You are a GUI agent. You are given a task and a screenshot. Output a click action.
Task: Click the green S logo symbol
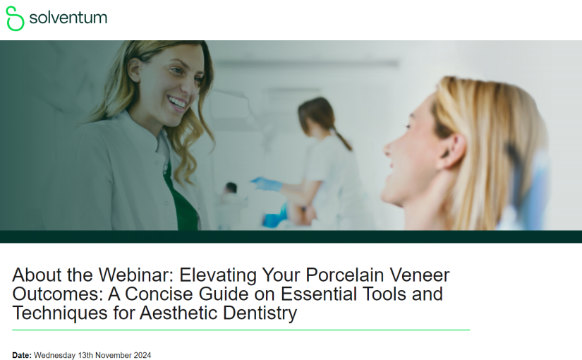15,18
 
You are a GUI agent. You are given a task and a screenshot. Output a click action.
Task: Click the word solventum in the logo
68,18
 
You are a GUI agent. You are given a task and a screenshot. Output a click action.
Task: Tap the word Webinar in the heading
136,275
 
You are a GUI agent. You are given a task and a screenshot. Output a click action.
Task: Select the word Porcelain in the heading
345,275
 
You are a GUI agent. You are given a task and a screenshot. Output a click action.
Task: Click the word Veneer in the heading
420,275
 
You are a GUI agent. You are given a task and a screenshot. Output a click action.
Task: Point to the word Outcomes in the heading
56,294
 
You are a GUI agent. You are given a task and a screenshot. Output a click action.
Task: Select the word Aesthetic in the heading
179,313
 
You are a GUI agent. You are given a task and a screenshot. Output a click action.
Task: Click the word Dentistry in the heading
260,313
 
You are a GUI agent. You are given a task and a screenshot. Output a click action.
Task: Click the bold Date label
22,355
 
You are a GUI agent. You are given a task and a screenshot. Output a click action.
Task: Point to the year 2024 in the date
143,355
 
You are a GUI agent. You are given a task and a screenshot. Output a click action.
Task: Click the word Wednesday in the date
54,356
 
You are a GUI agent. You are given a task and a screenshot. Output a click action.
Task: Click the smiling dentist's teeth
177,102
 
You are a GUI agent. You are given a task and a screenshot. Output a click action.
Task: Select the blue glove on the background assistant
267,184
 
